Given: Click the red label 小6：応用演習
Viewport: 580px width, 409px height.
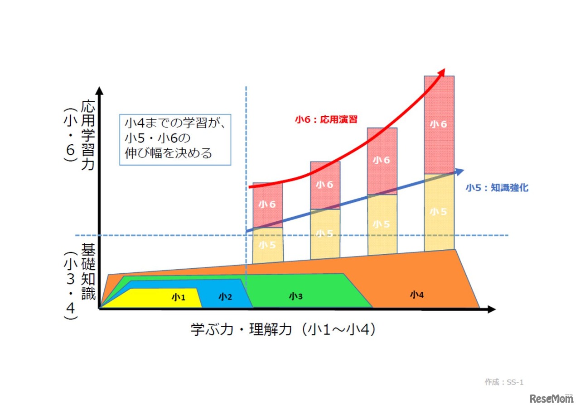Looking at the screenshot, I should coord(326,119).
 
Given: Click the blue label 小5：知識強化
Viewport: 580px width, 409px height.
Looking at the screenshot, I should coord(497,188).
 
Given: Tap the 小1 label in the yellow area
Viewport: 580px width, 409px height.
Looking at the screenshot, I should coord(179,297).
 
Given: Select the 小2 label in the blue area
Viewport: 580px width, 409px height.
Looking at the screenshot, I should coord(225,297).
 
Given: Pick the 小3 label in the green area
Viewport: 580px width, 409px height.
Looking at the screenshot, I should coord(295,296).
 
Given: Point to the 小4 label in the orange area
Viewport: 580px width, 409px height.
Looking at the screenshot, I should coord(417,295).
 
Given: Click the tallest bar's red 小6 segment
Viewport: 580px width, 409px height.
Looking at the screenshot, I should coord(439,124).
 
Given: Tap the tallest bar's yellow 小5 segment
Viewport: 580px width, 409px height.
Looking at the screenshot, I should coord(439,211).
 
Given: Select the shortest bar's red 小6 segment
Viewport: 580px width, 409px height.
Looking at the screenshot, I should coord(267,204).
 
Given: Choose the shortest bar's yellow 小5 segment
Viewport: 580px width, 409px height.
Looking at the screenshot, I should coord(267,245).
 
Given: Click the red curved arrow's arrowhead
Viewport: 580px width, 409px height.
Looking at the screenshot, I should coord(441,72).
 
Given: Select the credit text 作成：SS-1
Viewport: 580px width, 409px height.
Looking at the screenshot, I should coord(504,382).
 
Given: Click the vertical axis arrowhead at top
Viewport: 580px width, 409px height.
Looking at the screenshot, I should coord(100,89).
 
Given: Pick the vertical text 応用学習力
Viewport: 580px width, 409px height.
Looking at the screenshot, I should coord(88,135).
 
